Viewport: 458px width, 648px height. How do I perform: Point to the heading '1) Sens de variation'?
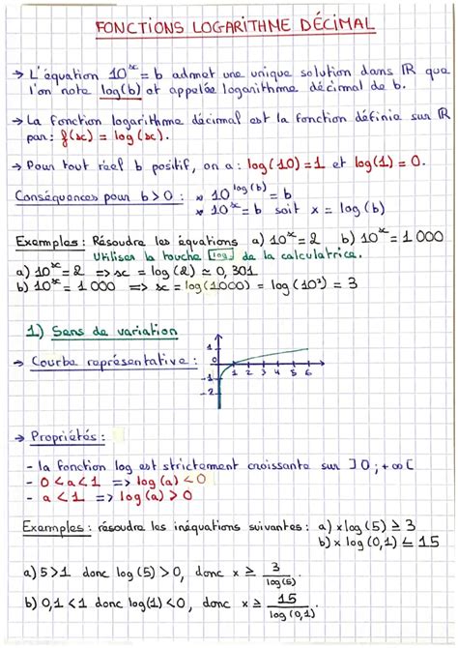point(101,331)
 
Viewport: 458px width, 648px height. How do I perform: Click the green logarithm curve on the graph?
point(271,355)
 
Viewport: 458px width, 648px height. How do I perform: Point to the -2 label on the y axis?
point(209,392)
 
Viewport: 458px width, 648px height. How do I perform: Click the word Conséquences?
point(63,197)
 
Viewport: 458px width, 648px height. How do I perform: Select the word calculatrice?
point(307,255)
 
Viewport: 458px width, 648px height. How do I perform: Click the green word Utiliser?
point(119,257)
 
